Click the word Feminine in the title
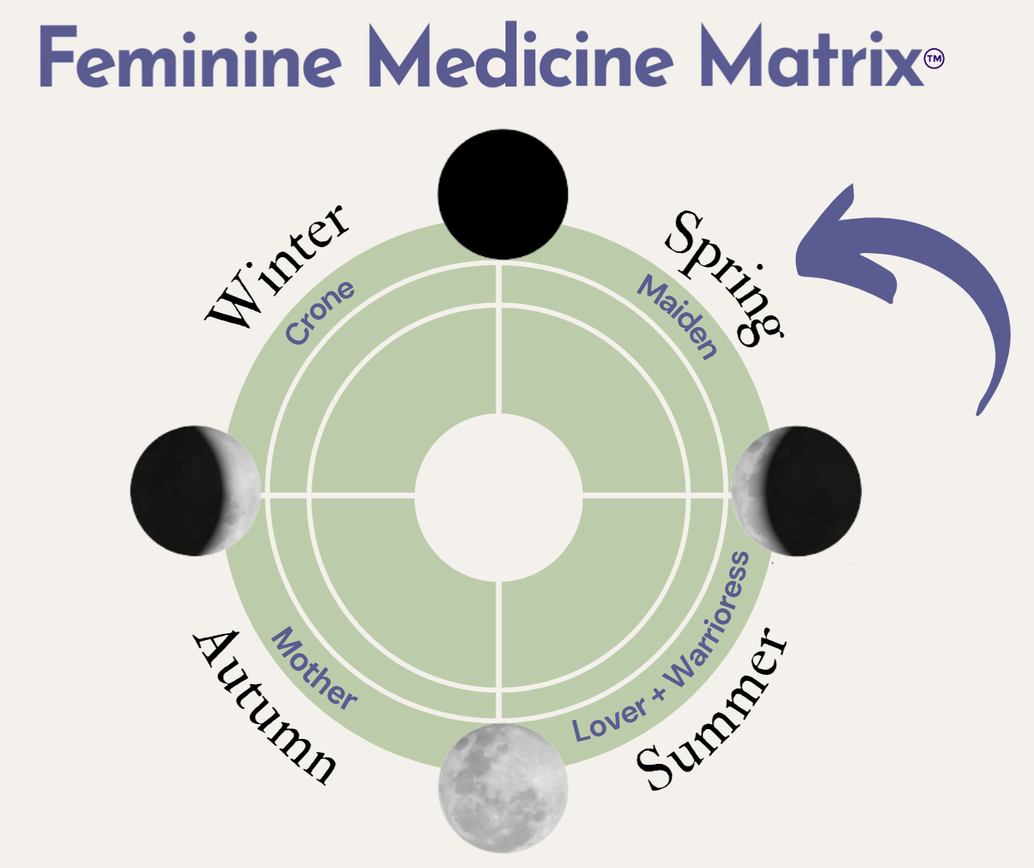190,58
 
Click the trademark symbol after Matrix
934,59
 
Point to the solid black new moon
503,194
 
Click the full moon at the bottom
503,787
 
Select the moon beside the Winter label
196,491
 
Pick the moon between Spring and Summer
796,491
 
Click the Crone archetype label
320,312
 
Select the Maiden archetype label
678,317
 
